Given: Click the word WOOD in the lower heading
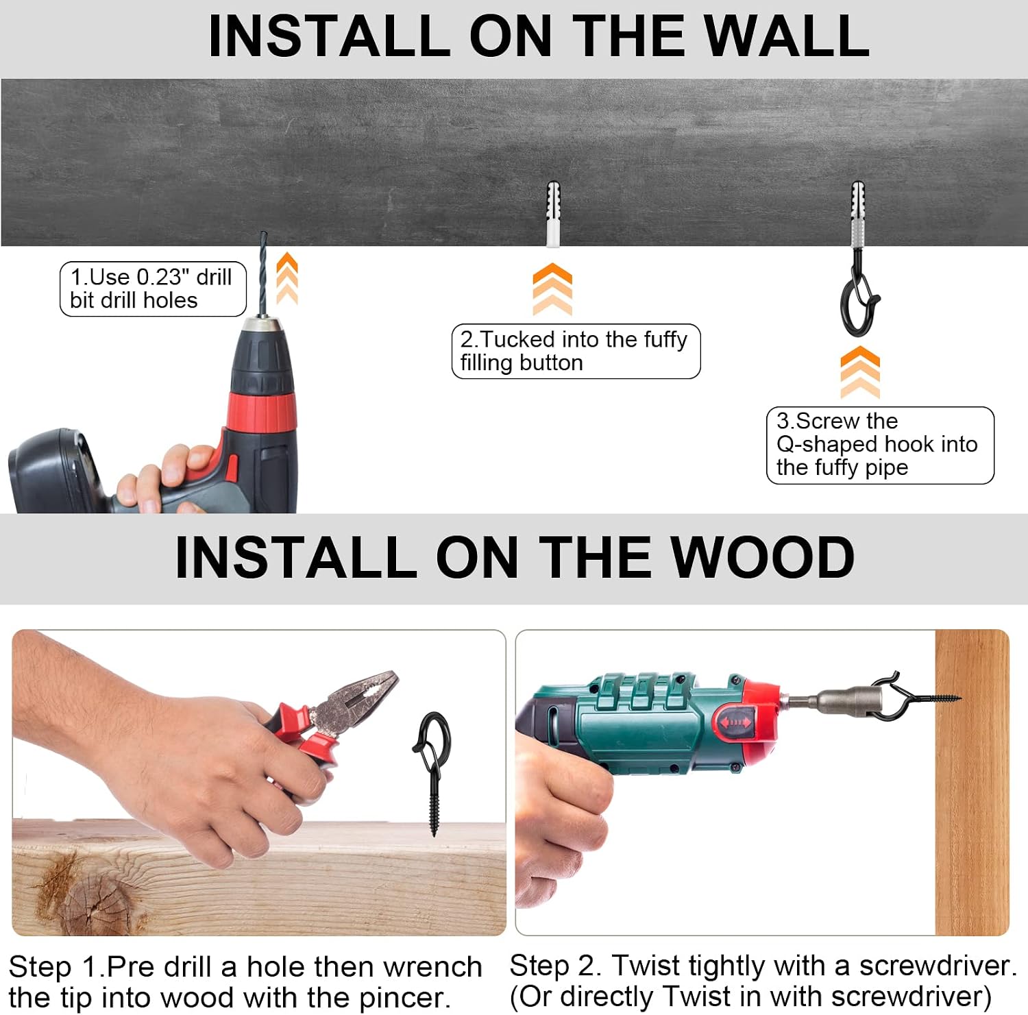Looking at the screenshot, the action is click(x=761, y=557).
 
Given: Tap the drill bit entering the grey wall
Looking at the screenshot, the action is click(x=262, y=273).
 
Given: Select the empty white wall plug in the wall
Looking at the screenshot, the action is click(x=553, y=214).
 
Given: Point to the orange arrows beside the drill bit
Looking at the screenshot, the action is click(x=287, y=278).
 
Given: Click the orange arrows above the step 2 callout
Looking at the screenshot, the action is click(x=552, y=289).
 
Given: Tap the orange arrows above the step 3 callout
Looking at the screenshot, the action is click(x=860, y=372).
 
